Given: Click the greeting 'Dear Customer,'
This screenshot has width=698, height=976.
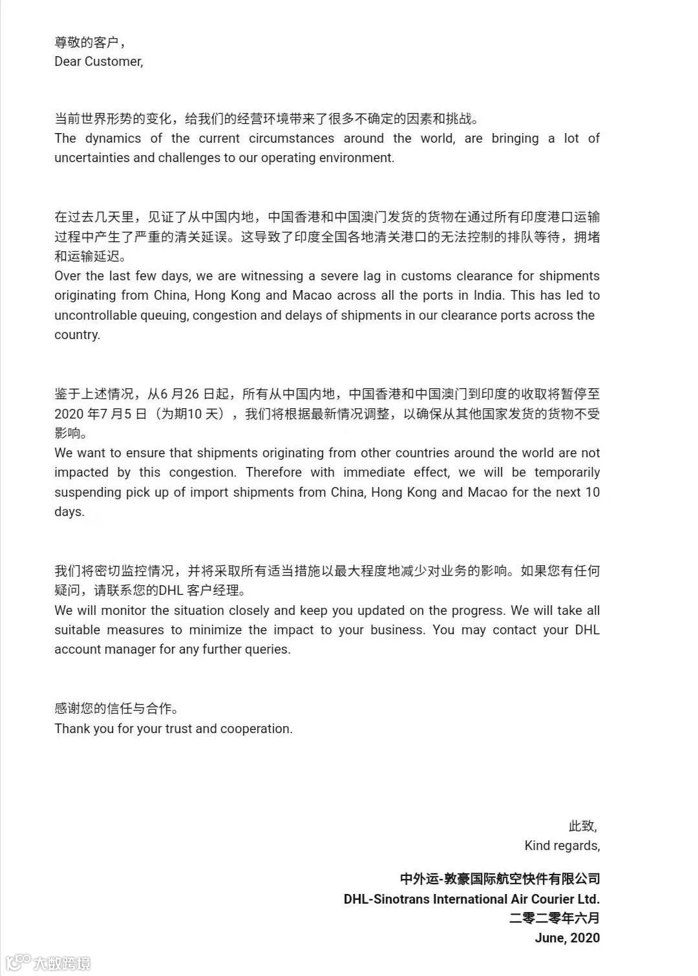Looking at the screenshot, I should point(99,61).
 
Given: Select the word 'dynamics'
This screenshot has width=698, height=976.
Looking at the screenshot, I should point(113,138).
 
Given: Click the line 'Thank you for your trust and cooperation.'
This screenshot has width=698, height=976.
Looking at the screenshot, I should point(173,729).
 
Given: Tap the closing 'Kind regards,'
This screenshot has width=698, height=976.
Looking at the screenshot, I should point(562,846).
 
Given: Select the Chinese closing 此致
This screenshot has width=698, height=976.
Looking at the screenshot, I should point(582,825).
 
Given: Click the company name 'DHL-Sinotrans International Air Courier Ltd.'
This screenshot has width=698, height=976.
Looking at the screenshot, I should point(471,898).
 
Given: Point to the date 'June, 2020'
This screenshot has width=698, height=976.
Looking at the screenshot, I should point(567,938).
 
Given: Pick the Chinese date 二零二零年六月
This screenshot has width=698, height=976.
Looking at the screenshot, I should point(554,918).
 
